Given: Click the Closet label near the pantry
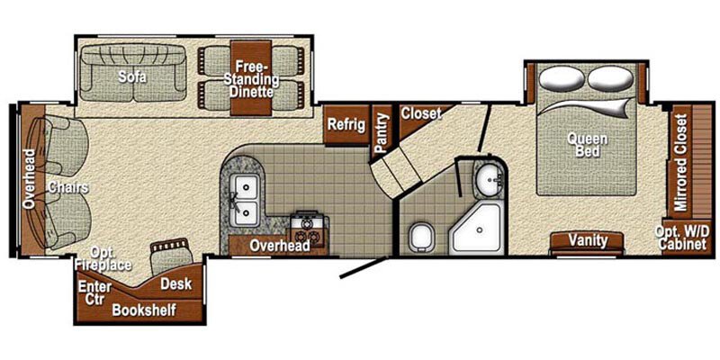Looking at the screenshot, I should [x=420, y=114].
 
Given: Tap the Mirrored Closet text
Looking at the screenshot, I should [x=681, y=162].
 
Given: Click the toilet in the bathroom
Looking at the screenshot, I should [x=419, y=238].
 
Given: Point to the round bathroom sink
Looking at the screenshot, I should [x=490, y=179].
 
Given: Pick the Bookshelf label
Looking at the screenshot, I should [x=144, y=310].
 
